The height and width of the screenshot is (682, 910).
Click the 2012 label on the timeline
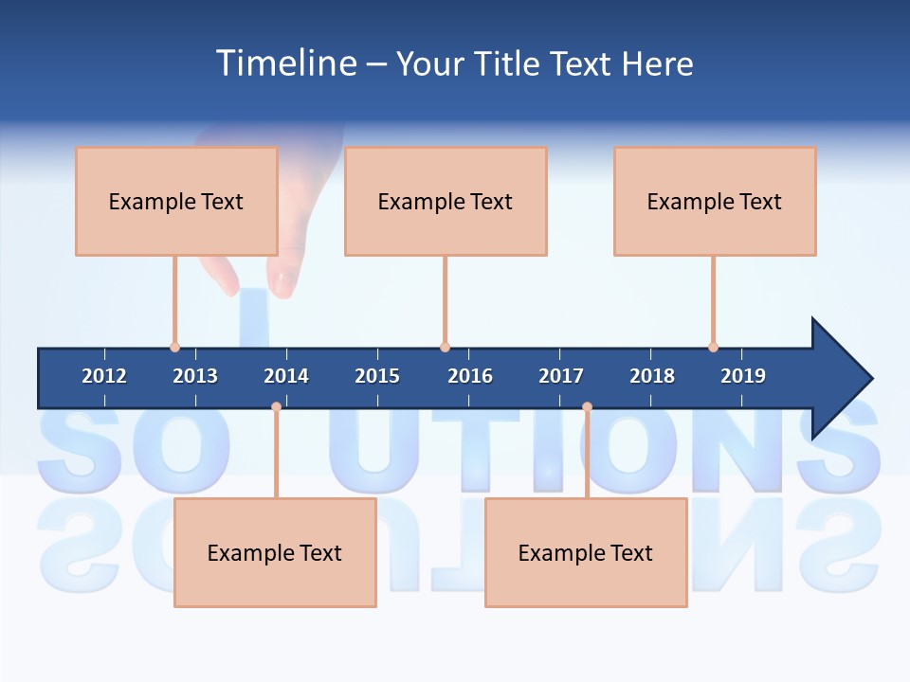click(x=104, y=376)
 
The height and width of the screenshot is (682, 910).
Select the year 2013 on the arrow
click(x=195, y=376)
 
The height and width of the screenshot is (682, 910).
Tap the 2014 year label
click(x=286, y=376)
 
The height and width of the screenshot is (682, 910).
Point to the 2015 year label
click(x=377, y=376)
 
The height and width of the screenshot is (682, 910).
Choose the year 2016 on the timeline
click(x=470, y=376)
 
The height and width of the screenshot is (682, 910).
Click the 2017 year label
click(x=561, y=376)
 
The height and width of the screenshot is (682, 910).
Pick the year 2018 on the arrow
click(x=652, y=376)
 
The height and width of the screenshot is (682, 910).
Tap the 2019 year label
click(x=743, y=376)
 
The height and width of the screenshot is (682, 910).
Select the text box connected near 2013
click(x=176, y=201)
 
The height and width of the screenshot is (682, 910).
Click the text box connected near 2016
click(x=446, y=201)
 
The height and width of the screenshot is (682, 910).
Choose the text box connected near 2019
click(x=715, y=201)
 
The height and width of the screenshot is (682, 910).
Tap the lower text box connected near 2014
click(x=275, y=552)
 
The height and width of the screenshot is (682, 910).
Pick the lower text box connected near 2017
click(x=586, y=552)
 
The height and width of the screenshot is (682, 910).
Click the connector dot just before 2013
click(x=174, y=347)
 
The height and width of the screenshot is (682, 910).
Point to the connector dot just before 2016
click(x=445, y=347)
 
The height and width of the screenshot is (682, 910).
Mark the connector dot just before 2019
click(x=713, y=347)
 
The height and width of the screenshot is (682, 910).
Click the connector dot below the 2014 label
click(x=276, y=407)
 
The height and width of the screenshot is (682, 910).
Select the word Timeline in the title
click(x=285, y=63)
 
